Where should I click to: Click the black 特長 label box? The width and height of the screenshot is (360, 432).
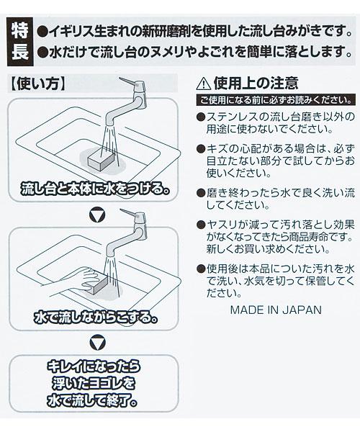20,42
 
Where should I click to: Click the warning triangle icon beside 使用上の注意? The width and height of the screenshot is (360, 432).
204,84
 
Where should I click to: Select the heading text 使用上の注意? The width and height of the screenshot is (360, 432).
256,83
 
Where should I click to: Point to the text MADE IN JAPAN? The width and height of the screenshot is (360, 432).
276,310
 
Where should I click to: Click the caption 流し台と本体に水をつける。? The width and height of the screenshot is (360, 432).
95,189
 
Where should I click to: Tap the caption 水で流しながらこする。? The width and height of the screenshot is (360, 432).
96,318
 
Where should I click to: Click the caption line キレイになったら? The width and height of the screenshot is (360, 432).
94,366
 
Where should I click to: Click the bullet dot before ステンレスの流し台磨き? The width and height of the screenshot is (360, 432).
201,117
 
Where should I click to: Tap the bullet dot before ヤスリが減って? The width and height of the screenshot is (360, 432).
201,225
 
